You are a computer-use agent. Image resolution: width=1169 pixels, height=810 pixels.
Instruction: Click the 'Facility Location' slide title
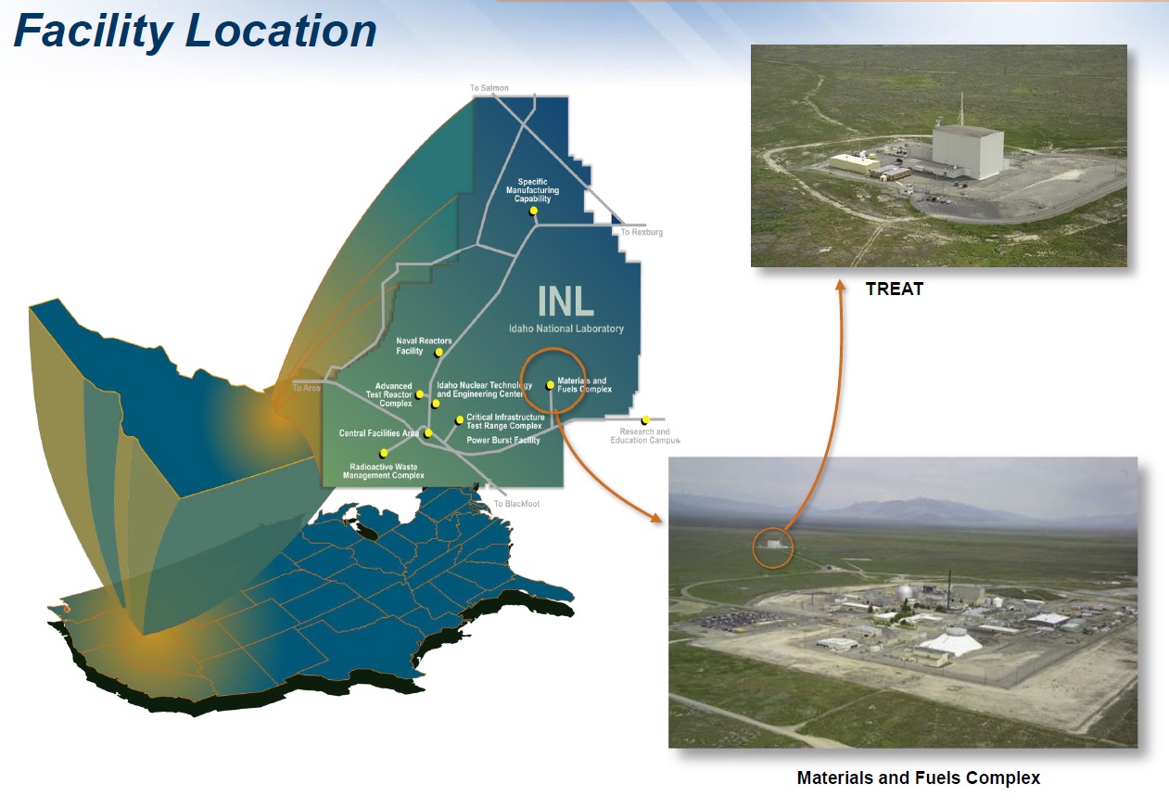click(x=195, y=32)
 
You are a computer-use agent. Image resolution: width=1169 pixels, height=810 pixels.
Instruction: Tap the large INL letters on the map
click(x=565, y=302)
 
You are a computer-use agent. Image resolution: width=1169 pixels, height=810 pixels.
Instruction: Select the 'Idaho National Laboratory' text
click(x=566, y=328)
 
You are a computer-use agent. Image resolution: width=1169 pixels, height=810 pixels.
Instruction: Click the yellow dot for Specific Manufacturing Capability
click(x=533, y=211)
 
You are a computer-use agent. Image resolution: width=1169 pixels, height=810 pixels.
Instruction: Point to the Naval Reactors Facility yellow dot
click(x=438, y=353)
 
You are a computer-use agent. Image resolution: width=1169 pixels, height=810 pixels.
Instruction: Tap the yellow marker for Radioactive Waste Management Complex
click(x=384, y=453)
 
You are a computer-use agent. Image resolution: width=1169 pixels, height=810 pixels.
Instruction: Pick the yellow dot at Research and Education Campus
click(x=645, y=420)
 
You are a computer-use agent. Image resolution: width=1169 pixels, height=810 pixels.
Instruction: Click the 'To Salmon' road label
click(x=489, y=88)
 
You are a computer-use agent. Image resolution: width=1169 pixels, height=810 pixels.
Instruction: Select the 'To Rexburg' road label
click(x=642, y=232)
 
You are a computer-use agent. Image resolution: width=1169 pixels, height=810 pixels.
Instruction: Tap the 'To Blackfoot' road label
click(x=516, y=504)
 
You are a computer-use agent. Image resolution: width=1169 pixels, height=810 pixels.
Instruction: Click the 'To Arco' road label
click(x=306, y=388)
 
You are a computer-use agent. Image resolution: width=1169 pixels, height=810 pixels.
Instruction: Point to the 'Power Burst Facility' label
click(x=503, y=440)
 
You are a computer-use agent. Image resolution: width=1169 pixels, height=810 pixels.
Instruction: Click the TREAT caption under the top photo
click(x=895, y=289)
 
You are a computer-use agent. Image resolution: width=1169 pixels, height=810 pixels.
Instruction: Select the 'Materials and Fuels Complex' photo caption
click(x=919, y=778)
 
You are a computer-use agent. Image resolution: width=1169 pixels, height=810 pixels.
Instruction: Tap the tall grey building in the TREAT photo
click(x=967, y=150)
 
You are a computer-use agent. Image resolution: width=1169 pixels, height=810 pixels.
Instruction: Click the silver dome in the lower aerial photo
click(x=908, y=592)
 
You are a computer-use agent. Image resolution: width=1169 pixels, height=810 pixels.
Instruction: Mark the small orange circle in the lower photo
click(x=773, y=547)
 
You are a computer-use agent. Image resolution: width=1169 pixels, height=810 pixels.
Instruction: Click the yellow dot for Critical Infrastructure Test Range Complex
click(x=459, y=420)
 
